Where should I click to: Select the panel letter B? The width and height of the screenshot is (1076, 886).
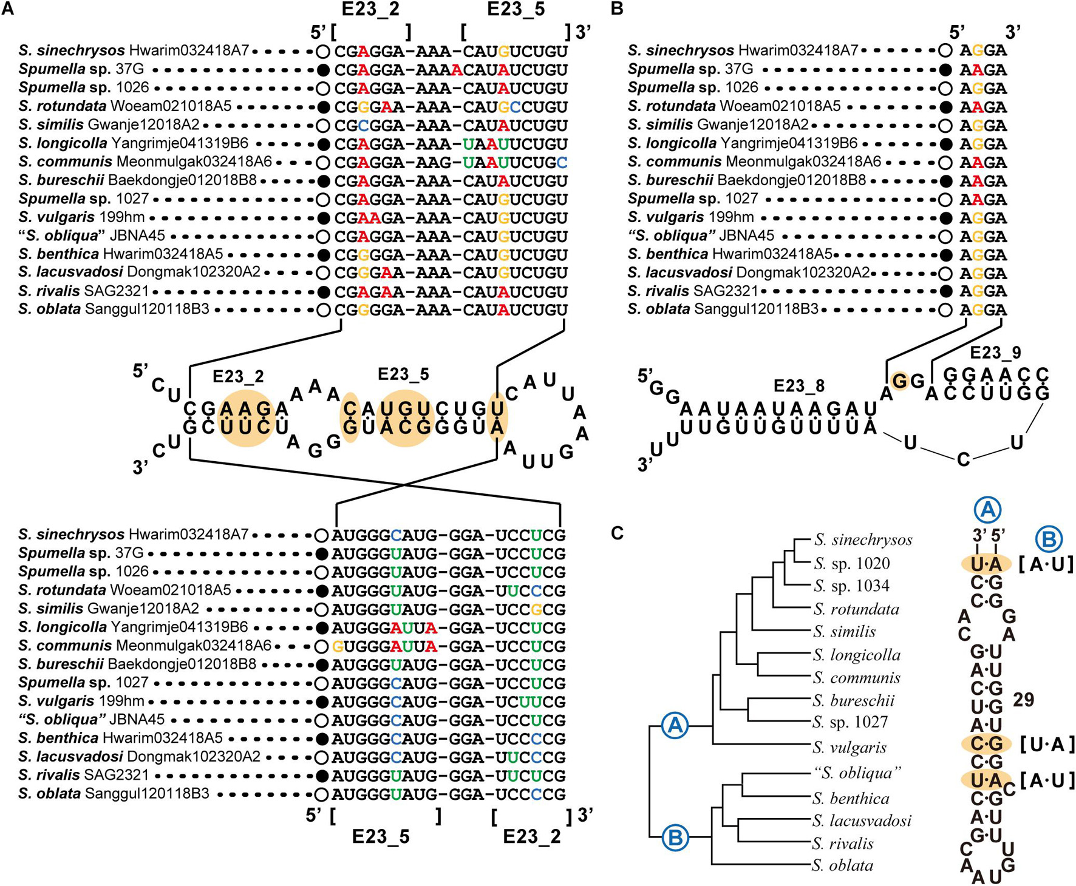pos(617,10)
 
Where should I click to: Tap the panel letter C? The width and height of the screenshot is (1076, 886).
pos(618,533)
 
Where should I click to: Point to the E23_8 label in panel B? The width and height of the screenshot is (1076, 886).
pos(798,386)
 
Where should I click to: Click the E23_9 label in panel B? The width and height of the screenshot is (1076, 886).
pos(995,353)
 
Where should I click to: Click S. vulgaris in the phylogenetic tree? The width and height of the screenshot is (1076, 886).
pos(850,748)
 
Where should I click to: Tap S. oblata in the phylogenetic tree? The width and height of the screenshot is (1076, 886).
pos(842,865)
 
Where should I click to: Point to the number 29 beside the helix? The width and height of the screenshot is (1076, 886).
pos(1024,700)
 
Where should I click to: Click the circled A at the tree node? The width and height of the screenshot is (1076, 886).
pos(675,725)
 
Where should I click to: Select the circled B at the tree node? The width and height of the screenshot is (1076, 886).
pos(675,838)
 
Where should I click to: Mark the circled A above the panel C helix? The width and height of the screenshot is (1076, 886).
pos(987,510)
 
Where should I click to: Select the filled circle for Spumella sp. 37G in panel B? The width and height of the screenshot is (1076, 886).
pos(945,70)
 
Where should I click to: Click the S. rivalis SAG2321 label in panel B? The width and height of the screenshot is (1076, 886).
pos(693,291)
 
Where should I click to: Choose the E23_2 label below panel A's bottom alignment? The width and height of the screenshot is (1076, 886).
pos(532,837)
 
